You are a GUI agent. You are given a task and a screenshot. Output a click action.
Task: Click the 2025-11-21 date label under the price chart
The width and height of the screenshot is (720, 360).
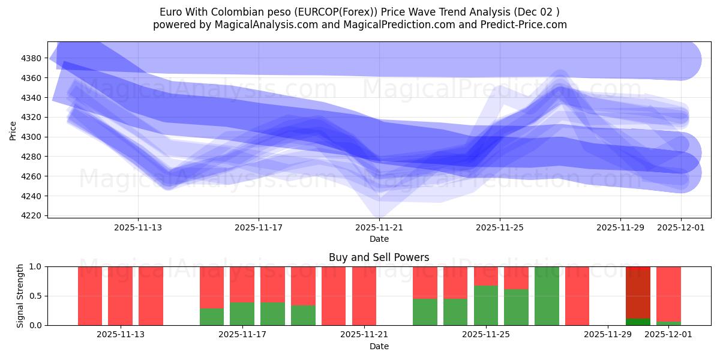pos(379,228)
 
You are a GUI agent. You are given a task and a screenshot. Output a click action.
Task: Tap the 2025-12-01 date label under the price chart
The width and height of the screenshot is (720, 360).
pos(681,228)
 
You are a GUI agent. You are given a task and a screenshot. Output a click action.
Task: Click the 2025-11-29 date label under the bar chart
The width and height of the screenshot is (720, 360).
pos(608,335)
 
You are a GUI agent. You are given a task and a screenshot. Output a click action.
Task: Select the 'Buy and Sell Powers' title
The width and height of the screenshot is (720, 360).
pos(379,257)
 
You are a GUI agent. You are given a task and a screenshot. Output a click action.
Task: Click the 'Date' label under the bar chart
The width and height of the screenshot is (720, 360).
pos(379,346)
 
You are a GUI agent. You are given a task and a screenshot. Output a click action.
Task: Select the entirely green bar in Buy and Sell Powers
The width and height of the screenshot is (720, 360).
pos(547,296)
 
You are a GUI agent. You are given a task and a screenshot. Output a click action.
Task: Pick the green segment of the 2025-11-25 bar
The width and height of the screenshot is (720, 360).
pos(486,305)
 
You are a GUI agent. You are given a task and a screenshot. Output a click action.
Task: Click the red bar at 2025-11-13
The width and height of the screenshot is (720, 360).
pos(121,296)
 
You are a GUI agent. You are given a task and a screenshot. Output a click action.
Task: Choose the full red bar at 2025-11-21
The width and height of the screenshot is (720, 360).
pos(364,296)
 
